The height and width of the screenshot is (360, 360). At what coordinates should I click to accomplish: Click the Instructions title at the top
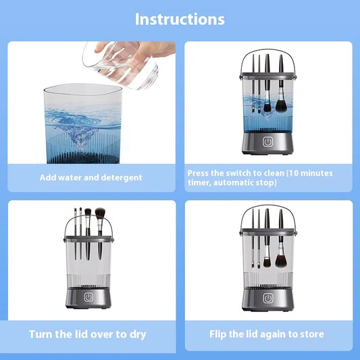(180, 18)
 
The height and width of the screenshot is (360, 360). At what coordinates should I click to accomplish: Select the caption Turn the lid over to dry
(87, 334)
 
